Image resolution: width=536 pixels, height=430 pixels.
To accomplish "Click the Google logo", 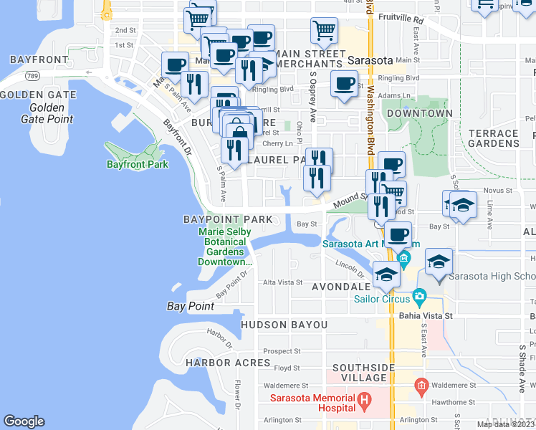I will point(24,421).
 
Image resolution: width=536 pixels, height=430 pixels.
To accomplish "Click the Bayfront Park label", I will point(137,165).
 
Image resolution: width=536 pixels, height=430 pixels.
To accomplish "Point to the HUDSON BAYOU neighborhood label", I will point(284,325).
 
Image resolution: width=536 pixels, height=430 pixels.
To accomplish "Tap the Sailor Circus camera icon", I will point(419,296).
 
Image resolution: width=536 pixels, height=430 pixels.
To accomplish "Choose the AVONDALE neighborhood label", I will point(340,287).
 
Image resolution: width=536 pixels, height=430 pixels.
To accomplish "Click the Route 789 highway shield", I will point(31,75).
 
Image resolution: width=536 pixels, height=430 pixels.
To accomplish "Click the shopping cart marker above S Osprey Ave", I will point(324,31).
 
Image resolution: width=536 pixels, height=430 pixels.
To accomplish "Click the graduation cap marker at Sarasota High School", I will point(439,262).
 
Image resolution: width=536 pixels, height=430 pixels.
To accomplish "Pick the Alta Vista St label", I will point(282,282).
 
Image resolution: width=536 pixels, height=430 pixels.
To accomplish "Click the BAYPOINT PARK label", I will point(227,219).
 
